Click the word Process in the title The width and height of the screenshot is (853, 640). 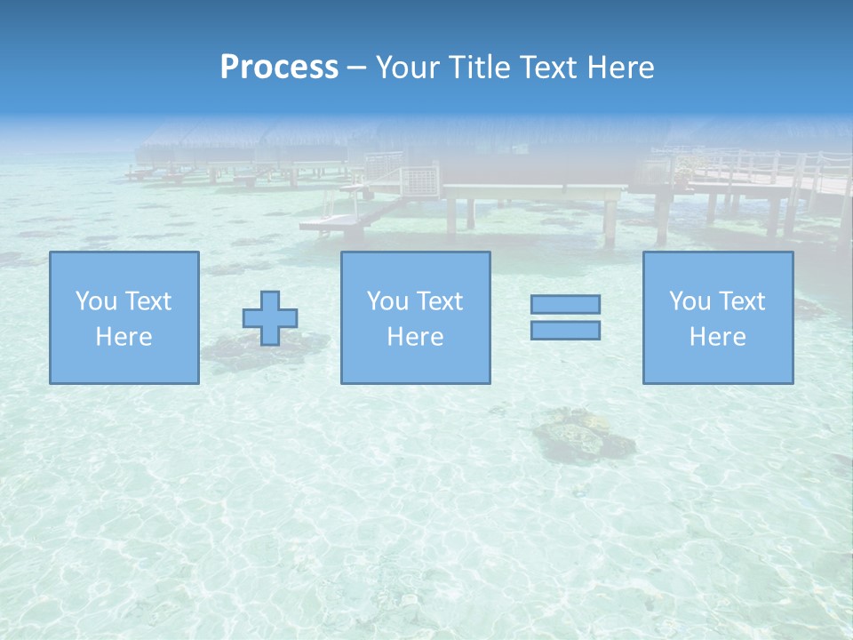tap(279, 67)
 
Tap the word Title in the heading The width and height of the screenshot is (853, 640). tap(481, 67)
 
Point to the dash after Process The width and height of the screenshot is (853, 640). tap(357, 68)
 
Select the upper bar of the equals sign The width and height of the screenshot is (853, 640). tap(565, 304)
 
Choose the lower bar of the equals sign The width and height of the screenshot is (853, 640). tap(565, 331)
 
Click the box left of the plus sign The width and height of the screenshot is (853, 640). tap(124, 317)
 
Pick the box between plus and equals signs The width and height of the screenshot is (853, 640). tap(415, 317)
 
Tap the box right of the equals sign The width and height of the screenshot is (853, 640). tap(718, 317)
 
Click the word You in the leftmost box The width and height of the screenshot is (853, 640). tap(96, 301)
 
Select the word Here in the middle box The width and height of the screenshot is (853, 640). tap(415, 337)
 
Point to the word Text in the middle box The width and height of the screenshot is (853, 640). tap(440, 301)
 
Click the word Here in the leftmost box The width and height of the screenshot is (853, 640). tap(124, 337)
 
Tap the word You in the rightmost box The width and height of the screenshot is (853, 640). tap(690, 301)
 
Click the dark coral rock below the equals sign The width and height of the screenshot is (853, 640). tap(582, 436)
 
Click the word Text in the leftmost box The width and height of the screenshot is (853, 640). tap(148, 301)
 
